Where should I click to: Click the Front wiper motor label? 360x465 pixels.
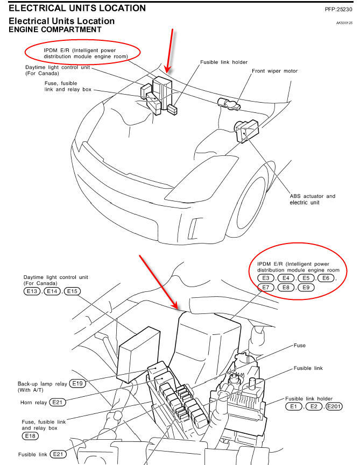(x=274, y=71)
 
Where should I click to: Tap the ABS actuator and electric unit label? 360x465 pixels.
(x=312, y=199)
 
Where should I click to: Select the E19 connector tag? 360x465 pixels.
(x=77, y=384)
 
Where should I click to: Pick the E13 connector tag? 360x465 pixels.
(x=32, y=291)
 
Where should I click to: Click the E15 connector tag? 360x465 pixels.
(x=72, y=291)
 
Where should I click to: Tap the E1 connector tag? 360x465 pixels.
(x=293, y=406)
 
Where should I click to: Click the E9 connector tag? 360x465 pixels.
(x=306, y=288)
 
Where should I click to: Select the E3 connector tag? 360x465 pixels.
(x=265, y=278)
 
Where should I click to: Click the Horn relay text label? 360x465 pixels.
(x=31, y=402)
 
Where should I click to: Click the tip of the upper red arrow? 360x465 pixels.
(x=167, y=72)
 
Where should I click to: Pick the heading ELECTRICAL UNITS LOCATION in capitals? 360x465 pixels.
(x=77, y=8)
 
